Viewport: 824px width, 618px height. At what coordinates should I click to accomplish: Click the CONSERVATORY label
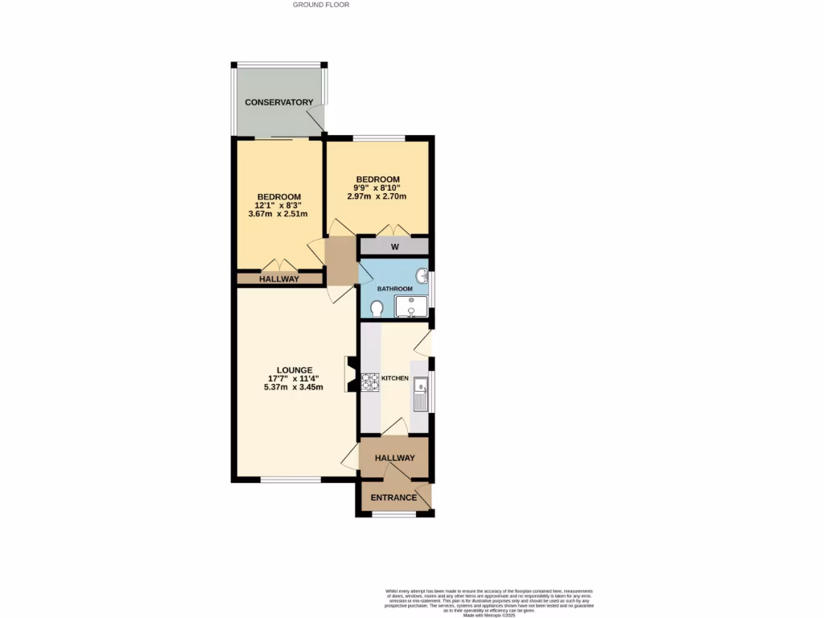278,102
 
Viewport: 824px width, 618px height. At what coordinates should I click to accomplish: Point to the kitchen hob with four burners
370,381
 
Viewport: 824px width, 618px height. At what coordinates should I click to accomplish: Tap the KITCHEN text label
395,378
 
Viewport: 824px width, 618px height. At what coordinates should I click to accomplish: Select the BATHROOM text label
395,289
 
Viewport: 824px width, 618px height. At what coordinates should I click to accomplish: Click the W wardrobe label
395,247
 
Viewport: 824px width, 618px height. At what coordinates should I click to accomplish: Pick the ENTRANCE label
393,497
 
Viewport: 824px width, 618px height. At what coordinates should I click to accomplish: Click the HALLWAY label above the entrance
393,458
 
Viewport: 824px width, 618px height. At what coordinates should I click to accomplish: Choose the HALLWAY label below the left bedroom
278,279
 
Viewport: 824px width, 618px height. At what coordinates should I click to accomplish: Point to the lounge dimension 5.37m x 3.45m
294,387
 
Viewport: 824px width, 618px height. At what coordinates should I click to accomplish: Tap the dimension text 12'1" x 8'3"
278,205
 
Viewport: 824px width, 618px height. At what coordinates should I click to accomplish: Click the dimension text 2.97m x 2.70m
378,196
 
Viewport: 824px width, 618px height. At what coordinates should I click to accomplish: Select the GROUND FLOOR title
321,5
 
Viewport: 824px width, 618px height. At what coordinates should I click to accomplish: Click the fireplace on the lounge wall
348,375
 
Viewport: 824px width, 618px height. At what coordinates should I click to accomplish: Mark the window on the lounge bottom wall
290,481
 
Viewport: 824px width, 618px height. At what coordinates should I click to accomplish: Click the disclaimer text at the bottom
490,602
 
